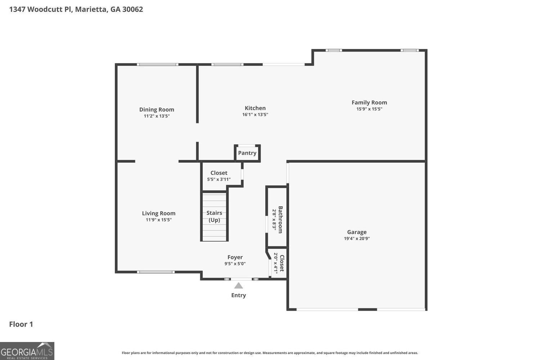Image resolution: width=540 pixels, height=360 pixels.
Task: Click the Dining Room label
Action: click(x=157, y=109)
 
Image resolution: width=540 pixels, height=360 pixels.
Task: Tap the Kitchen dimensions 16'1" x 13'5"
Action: click(x=255, y=114)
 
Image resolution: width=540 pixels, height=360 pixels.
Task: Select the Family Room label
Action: click(x=369, y=103)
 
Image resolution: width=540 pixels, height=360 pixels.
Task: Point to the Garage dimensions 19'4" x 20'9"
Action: click(x=356, y=238)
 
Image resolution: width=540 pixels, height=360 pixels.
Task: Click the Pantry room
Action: click(x=247, y=153)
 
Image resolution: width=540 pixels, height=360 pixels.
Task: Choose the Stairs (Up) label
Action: click(x=214, y=216)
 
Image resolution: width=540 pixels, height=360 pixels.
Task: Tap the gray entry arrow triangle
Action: click(x=238, y=286)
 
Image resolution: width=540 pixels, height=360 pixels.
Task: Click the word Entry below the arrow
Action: click(x=238, y=295)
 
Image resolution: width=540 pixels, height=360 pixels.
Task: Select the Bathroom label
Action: click(x=280, y=220)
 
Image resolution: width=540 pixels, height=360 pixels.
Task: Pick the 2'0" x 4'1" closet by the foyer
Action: click(x=279, y=263)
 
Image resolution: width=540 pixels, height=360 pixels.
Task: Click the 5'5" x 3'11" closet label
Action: click(x=219, y=173)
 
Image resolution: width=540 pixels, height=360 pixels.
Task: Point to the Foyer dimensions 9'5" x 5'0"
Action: click(x=235, y=264)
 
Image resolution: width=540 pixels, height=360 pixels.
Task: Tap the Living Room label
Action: click(x=158, y=213)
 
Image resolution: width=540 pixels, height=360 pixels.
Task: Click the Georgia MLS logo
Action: click(x=27, y=351)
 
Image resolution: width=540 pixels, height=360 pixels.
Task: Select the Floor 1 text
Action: click(x=21, y=324)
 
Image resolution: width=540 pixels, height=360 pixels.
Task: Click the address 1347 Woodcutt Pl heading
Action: click(x=76, y=9)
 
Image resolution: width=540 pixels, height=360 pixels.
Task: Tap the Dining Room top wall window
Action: click(x=157, y=64)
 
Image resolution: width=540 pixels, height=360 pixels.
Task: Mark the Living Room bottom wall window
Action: click(x=156, y=272)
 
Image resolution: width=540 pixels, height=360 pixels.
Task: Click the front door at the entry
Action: click(x=241, y=279)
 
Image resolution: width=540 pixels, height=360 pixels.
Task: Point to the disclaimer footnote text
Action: click(x=270, y=353)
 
